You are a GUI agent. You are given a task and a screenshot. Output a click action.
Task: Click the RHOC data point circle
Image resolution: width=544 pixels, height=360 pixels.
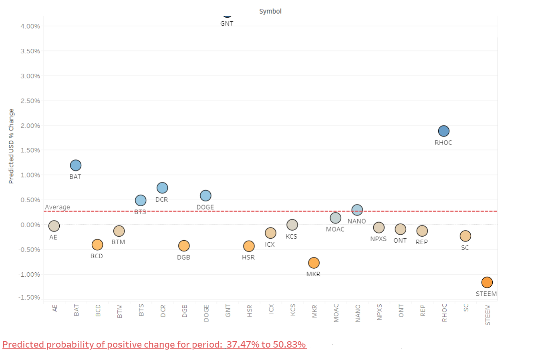point(443,131)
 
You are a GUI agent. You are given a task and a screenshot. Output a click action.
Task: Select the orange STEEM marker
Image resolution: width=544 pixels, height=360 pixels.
point(487,282)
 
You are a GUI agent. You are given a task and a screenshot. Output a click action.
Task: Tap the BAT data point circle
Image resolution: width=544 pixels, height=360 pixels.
point(76,165)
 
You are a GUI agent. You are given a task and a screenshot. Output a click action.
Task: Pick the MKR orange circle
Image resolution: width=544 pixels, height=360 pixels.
point(314,263)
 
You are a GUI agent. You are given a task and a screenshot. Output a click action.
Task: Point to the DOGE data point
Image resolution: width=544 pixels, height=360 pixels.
point(206,195)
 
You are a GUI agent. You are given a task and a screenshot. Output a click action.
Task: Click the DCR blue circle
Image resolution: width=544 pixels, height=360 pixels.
point(162,187)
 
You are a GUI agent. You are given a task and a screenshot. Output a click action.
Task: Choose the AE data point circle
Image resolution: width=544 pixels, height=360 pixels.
point(54,226)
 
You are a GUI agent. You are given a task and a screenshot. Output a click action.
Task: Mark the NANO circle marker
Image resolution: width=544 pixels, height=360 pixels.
point(357,209)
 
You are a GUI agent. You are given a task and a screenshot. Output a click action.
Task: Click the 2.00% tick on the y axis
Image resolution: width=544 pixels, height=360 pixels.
point(30,126)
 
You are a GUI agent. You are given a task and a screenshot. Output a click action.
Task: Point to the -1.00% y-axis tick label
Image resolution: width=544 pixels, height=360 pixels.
point(29,275)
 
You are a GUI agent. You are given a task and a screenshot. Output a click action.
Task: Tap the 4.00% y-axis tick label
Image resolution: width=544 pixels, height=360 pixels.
point(30,26)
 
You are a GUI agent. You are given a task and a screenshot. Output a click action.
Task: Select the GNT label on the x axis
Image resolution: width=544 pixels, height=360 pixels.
point(228,311)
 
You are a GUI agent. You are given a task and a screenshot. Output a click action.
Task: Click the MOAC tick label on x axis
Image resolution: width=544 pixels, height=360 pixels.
point(336,313)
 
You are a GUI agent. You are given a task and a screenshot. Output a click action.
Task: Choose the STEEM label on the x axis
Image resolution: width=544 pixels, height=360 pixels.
point(488,315)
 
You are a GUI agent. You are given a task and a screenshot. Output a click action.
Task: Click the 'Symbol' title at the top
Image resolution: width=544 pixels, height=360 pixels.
point(270,11)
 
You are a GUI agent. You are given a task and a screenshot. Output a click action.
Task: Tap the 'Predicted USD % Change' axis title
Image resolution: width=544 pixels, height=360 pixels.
point(11,146)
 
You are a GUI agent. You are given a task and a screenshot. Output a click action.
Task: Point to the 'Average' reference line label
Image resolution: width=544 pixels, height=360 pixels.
point(57,207)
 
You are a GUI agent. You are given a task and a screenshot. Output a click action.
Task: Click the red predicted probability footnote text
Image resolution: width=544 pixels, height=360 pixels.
point(154,344)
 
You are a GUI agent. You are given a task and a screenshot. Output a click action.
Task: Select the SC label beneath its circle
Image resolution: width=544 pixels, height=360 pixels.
point(465,247)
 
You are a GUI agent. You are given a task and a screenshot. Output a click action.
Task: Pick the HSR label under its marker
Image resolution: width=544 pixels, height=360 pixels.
point(248,257)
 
